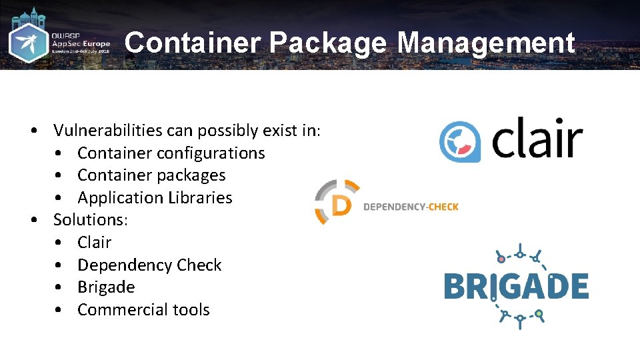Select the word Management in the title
point(486,43)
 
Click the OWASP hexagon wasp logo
point(28,43)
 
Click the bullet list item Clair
point(94,243)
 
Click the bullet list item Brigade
point(106,287)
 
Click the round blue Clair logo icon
point(461,141)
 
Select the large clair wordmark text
point(537,138)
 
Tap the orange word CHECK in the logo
point(443,207)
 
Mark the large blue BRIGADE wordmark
point(516,287)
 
